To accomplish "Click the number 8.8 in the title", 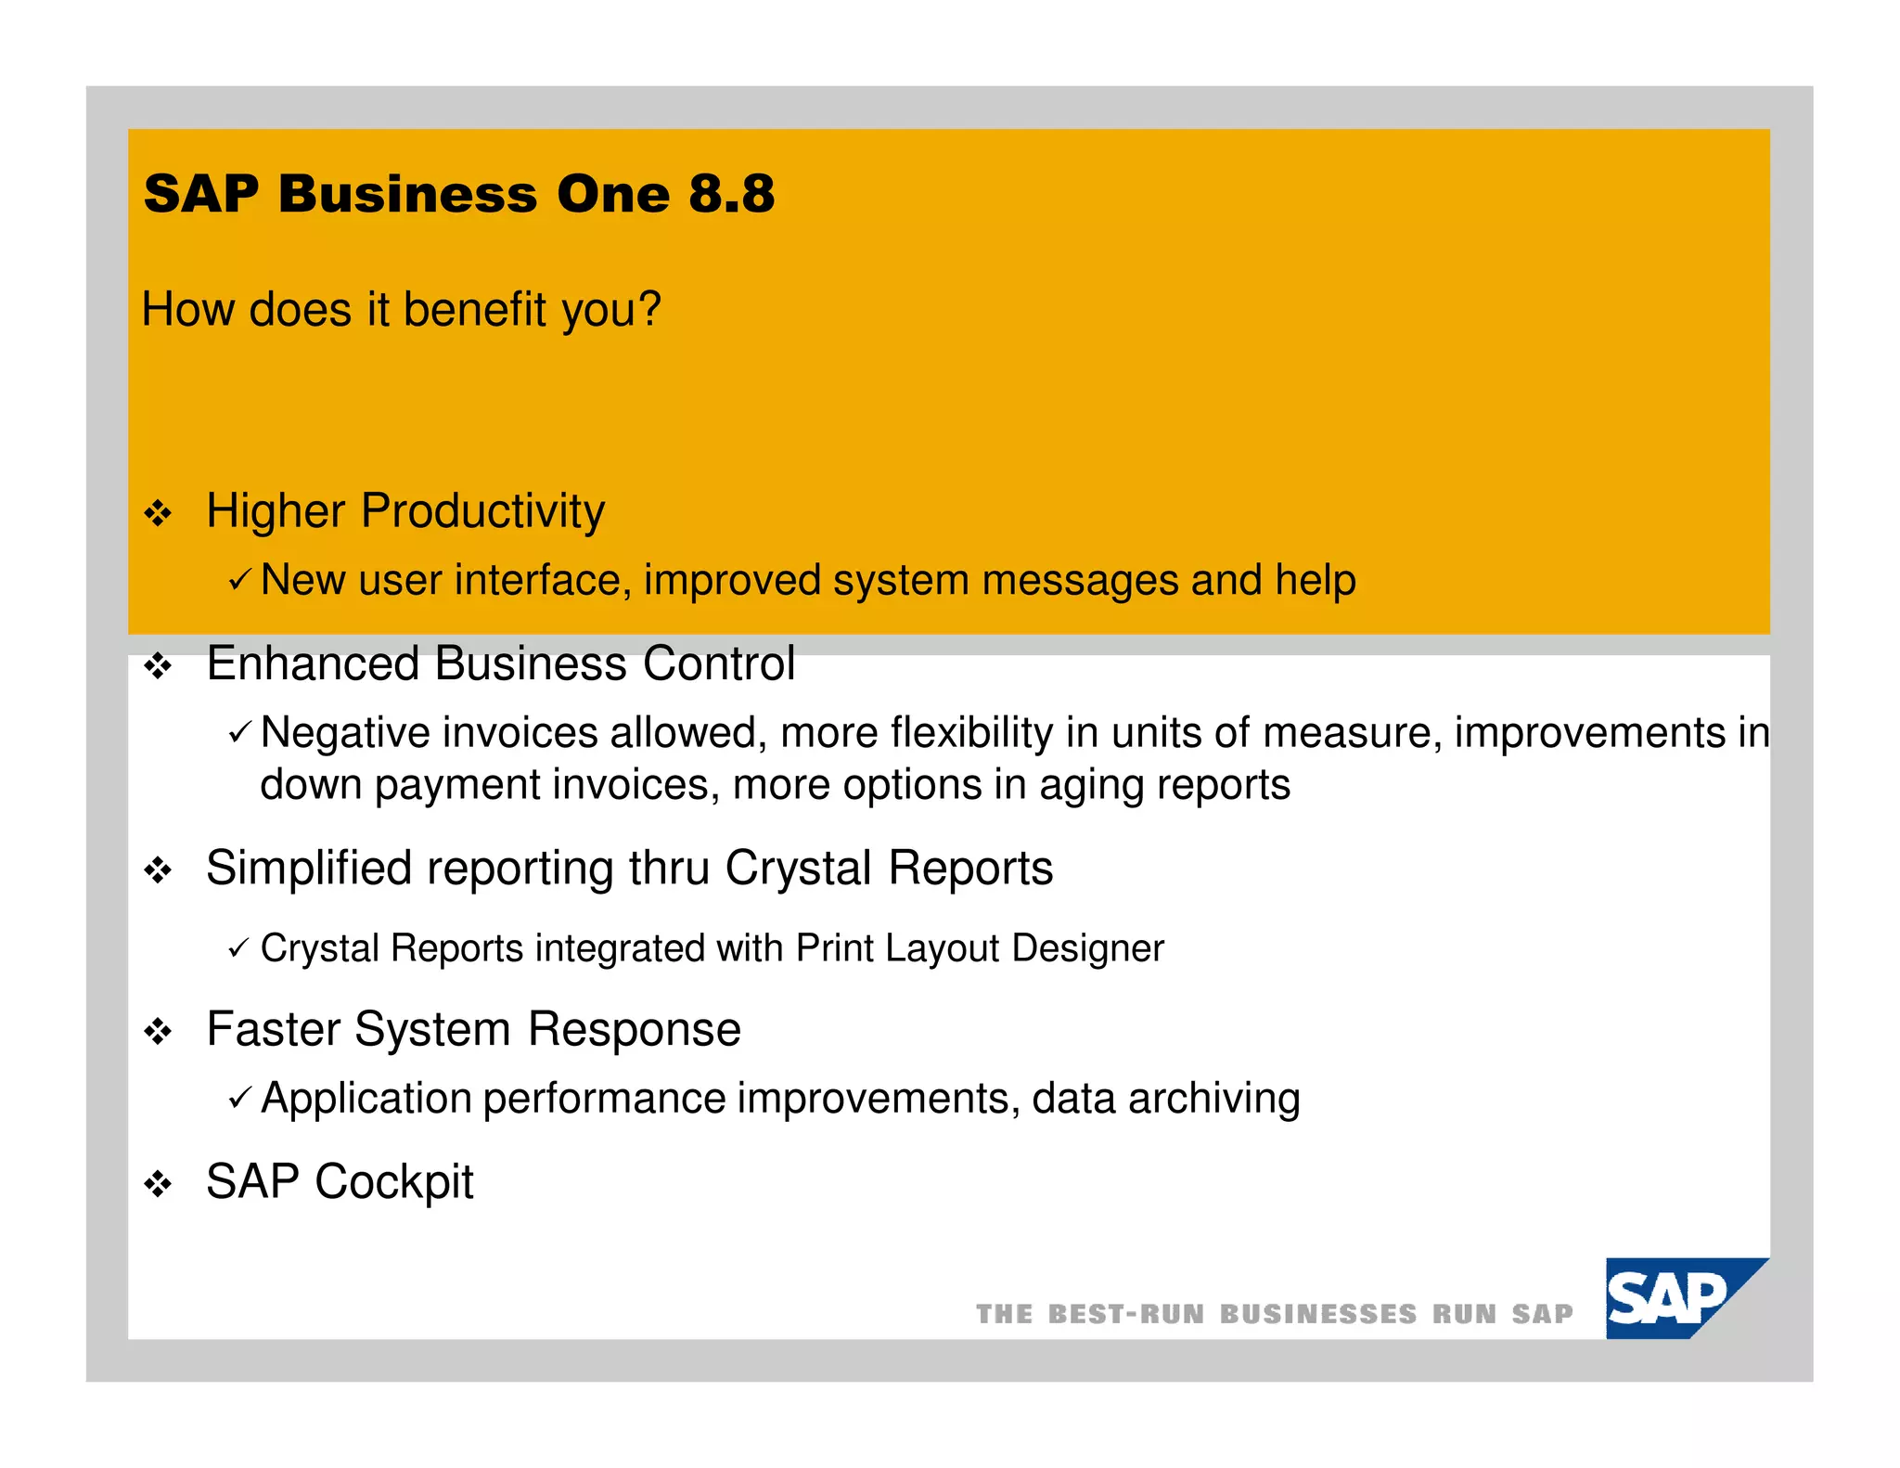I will pyautogui.click(x=731, y=194).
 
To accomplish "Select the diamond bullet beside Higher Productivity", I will pyautogui.click(x=159, y=513).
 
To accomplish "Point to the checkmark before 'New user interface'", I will pyautogui.click(x=238, y=581).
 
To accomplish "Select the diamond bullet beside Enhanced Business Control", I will pyautogui.click(x=159, y=666).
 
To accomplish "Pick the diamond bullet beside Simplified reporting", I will pyautogui.click(x=159, y=870).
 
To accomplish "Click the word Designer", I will pyautogui.click(x=1087, y=948).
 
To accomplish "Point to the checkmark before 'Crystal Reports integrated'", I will pyautogui.click(x=238, y=948).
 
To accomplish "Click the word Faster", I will pyautogui.click(x=273, y=1030).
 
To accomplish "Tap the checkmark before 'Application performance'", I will pyautogui.click(x=238, y=1100).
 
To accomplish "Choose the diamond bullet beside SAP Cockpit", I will pyautogui.click(x=159, y=1185).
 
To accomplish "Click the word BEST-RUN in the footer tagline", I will pyautogui.click(x=1125, y=1315).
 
